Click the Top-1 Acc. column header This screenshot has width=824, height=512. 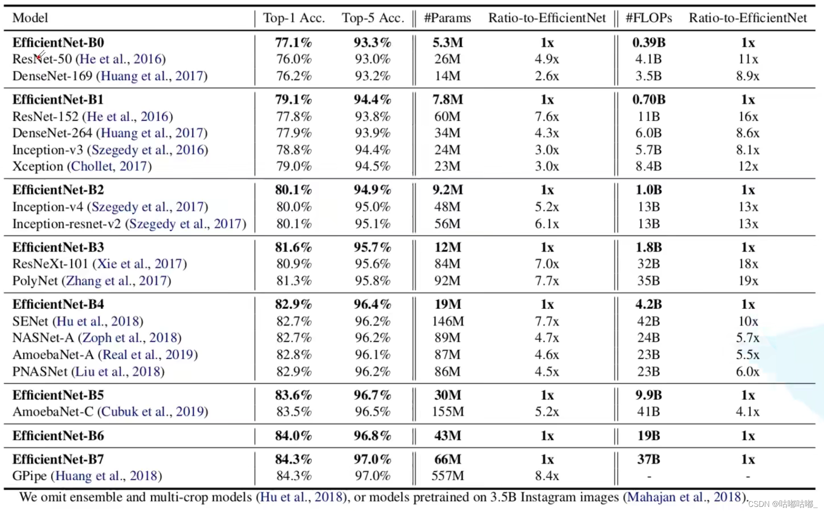point(294,18)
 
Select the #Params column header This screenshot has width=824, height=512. point(448,18)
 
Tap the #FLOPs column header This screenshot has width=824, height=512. point(648,18)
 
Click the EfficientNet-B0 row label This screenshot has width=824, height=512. point(58,42)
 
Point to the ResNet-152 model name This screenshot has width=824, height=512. point(45,117)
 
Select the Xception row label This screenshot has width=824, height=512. point(38,166)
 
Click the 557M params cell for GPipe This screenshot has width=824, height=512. point(448,476)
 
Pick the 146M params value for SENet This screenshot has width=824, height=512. point(448,321)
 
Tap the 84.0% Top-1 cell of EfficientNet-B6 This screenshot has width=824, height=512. point(294,436)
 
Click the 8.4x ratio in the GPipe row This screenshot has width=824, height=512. point(547,476)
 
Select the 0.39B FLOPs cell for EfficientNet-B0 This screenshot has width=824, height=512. point(649,42)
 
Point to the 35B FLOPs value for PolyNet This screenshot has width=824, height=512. point(649,281)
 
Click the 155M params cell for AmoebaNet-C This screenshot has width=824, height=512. point(448,412)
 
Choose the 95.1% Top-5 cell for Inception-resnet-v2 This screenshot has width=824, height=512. point(373,224)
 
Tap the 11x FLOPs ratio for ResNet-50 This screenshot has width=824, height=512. point(748,59)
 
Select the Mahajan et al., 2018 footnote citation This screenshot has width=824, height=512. point(684,497)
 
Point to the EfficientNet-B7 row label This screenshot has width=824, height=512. point(58,459)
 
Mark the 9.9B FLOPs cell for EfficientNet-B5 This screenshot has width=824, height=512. point(649,395)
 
